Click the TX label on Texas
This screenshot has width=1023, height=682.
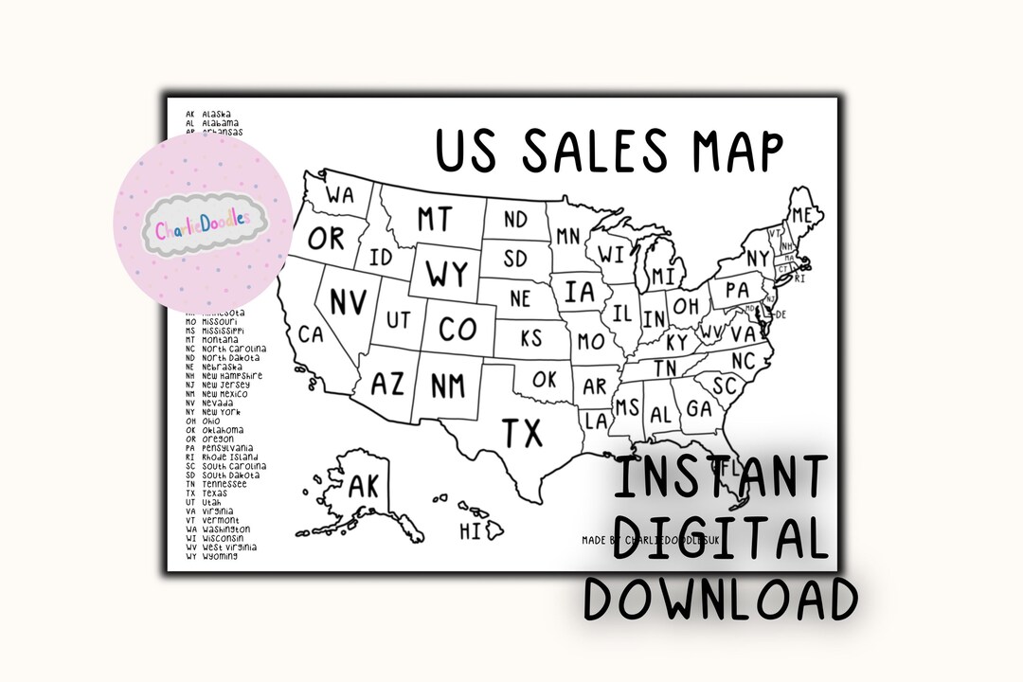pos(522,433)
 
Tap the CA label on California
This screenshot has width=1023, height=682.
pos(311,334)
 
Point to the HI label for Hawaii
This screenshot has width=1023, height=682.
pos(471,531)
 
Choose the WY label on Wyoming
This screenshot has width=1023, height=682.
pos(446,274)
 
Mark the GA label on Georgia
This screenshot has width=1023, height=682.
pos(699,408)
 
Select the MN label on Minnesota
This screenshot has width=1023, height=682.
pos(568,236)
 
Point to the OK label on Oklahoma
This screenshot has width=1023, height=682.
pos(544,379)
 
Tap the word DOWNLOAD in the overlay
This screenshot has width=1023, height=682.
pos(720,599)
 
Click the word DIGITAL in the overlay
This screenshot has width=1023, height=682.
pos(719,538)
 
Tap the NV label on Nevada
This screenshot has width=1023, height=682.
pos(349,301)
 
